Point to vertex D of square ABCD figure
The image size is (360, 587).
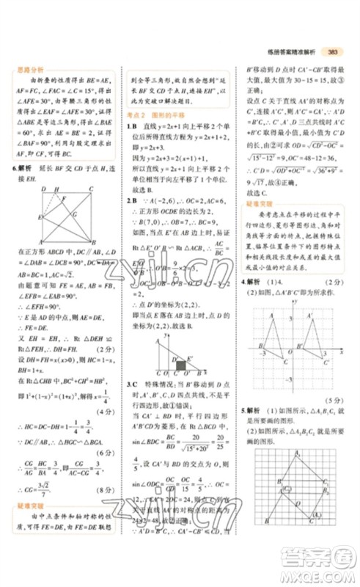tap(44, 189)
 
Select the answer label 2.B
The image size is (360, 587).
tap(132, 201)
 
